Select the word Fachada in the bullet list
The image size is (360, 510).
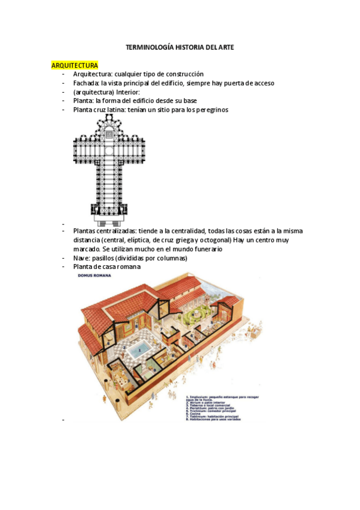pos(85,83)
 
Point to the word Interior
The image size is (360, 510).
pos(126,92)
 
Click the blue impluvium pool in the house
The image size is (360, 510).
pos(139,350)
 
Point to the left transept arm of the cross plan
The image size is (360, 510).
pos(84,148)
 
